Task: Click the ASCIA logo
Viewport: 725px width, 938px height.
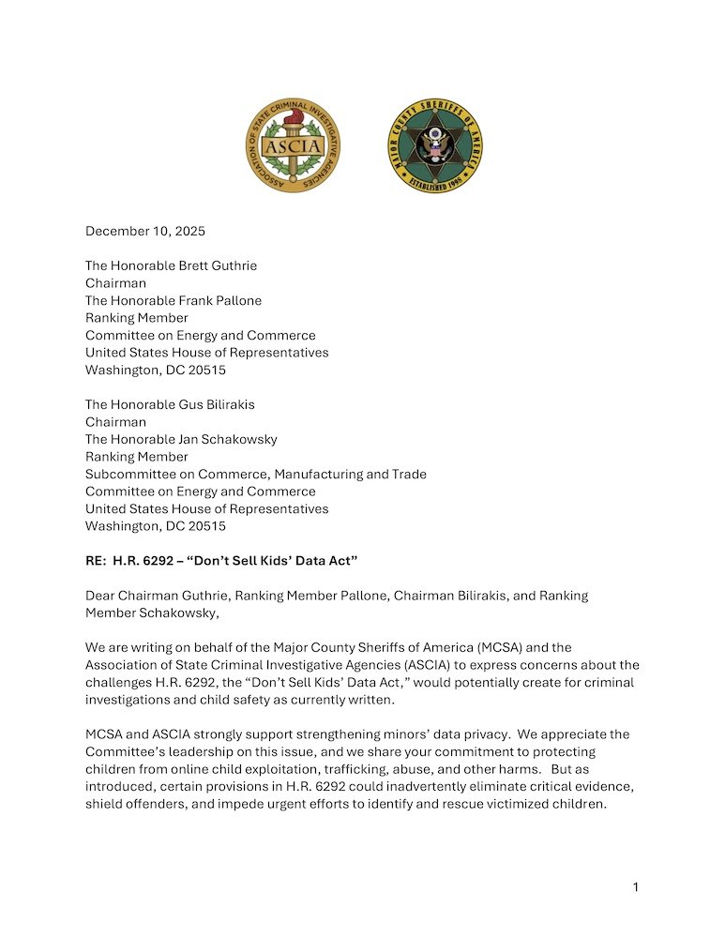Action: tap(294, 146)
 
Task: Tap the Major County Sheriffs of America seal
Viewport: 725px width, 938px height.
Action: tap(434, 146)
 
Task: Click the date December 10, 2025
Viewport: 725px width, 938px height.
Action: tap(145, 231)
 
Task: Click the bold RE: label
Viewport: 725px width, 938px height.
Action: tap(98, 560)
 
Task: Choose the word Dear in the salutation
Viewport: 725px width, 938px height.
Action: tap(102, 596)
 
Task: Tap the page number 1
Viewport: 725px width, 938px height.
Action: tap(635, 887)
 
